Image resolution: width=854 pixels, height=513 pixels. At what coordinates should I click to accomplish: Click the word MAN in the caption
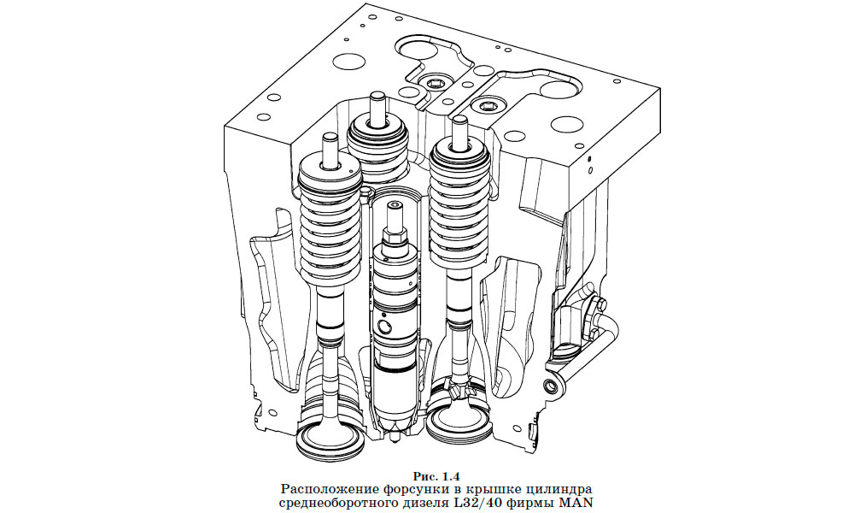click(574, 502)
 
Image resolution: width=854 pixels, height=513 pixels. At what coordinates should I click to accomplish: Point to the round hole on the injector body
click(387, 327)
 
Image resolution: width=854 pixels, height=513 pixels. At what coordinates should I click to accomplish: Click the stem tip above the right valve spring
click(459, 128)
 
